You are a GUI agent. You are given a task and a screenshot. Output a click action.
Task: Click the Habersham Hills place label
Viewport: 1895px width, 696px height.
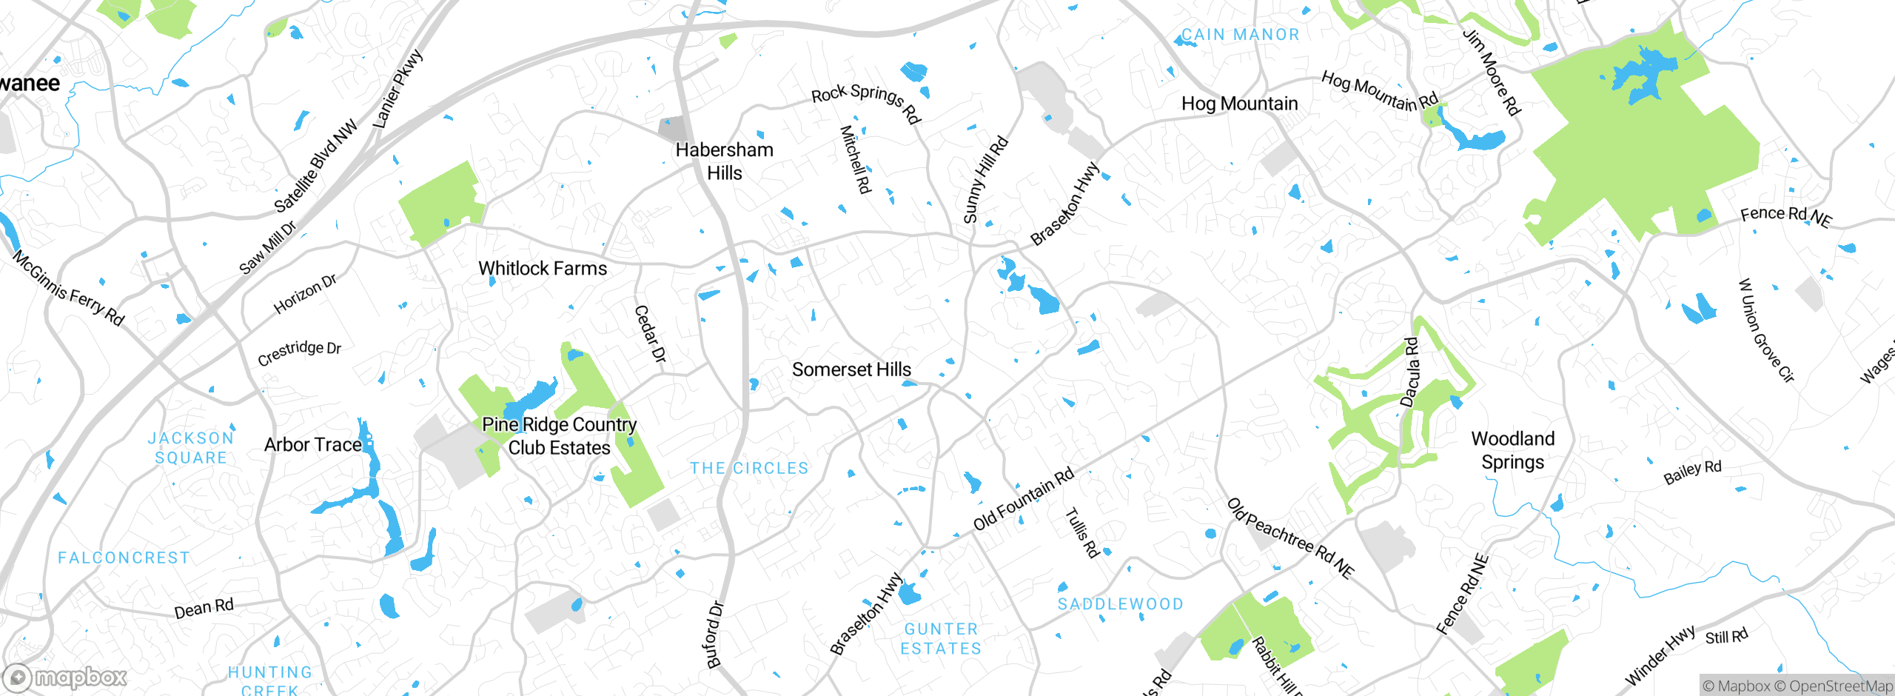point(724,161)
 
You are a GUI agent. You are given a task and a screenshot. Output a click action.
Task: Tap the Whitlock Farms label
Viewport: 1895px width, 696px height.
point(542,269)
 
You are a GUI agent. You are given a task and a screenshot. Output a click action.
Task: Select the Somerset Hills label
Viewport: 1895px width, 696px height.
point(851,369)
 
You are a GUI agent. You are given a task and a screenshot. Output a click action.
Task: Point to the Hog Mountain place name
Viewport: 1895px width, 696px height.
point(1239,104)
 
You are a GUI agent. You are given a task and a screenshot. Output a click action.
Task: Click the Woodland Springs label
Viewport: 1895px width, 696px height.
point(1512,450)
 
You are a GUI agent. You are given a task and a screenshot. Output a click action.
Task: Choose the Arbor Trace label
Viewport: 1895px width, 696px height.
point(313,445)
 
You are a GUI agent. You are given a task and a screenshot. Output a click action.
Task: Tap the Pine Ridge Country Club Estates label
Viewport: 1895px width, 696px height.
point(559,436)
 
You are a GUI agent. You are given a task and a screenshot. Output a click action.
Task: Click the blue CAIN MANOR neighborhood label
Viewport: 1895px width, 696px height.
point(1240,35)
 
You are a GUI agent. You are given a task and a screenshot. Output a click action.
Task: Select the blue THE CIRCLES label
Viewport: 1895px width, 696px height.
point(749,469)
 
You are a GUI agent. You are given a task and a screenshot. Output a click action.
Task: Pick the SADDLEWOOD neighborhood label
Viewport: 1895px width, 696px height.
point(1120,604)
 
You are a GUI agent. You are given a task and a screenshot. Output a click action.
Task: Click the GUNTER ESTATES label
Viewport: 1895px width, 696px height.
point(941,639)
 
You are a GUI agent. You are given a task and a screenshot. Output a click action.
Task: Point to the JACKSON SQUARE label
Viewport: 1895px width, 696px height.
point(191,448)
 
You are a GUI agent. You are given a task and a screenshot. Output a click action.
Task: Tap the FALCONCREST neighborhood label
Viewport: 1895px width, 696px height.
point(124,558)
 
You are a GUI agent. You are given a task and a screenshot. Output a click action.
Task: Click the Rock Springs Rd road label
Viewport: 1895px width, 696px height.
point(865,103)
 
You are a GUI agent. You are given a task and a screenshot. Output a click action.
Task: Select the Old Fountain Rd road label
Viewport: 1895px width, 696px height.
point(1023,500)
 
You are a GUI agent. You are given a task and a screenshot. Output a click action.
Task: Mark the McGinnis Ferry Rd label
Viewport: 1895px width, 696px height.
point(68,288)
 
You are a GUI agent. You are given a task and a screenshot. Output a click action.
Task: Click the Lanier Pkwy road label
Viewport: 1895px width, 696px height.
point(398,88)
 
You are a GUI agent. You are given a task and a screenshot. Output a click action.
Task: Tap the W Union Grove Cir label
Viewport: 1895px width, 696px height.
point(1765,331)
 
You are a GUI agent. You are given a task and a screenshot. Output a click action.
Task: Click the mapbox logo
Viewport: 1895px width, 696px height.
point(65,677)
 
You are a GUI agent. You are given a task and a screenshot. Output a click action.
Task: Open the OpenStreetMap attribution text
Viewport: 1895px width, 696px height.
point(1839,686)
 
